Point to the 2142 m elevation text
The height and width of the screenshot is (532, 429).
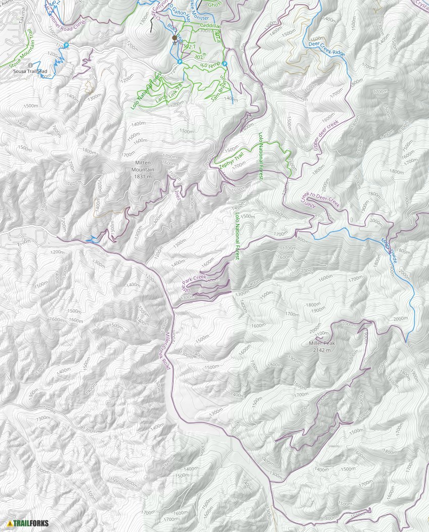[322, 350]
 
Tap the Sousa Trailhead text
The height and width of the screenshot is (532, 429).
[30, 72]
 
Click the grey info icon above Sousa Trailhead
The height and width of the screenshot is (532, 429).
[31, 65]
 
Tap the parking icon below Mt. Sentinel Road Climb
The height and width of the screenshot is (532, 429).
[66, 45]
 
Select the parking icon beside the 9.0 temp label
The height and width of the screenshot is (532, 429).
[225, 64]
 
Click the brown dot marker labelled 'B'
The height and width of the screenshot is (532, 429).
[175, 38]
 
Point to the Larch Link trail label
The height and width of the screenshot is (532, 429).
[169, 94]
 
